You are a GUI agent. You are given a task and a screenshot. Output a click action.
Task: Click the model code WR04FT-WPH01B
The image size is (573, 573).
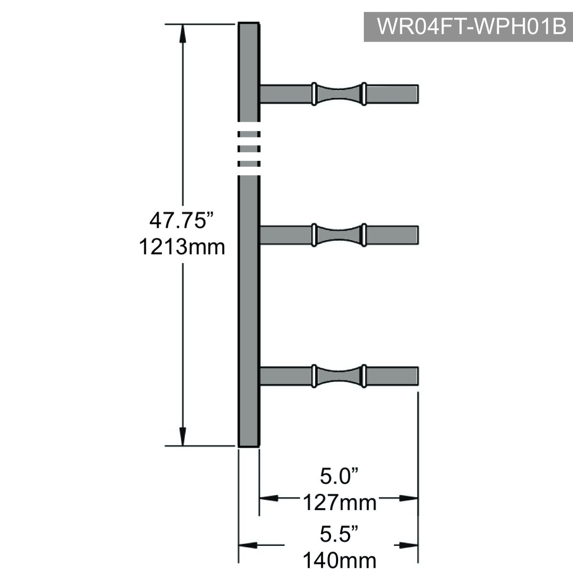pos(472,27)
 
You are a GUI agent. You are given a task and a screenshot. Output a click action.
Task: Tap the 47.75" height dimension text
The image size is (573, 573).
pos(181,221)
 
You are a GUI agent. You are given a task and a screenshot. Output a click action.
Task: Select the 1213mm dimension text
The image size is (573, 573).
pos(182,247)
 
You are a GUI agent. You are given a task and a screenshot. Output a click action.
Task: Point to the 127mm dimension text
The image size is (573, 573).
pos(340,502)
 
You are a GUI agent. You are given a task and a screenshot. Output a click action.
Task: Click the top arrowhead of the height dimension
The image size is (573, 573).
pos(182,33)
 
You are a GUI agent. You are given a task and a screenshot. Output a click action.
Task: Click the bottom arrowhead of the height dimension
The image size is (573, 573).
pos(182,436)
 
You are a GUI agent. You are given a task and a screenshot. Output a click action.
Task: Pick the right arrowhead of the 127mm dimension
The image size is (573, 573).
pos(409,498)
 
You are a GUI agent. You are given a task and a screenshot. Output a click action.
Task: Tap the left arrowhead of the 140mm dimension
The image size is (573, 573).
pos(248,545)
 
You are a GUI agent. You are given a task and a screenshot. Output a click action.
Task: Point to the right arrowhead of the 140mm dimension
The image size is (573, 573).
pos(409,545)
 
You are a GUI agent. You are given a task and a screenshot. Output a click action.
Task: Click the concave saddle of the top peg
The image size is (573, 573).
pos(339,94)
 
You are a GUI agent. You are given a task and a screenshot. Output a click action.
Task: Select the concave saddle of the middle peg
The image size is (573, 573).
pos(339,235)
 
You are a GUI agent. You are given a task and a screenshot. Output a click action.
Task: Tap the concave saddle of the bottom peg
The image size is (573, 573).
pos(339,376)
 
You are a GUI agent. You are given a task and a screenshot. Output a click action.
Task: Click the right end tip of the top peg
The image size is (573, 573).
pos(418,94)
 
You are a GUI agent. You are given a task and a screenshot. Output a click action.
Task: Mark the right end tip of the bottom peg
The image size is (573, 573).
pos(418,376)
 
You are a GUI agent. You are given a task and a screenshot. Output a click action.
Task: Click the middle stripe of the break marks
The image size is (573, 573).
pos(249,149)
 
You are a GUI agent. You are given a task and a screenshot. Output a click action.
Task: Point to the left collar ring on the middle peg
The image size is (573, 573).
pos(314,235)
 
